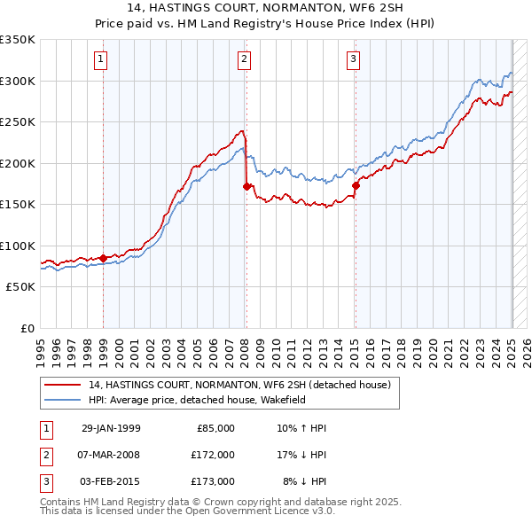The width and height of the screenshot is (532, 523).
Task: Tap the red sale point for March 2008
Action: click(x=246, y=186)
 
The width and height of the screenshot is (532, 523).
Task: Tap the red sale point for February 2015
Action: click(x=356, y=185)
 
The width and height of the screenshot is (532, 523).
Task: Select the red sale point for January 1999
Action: click(x=104, y=258)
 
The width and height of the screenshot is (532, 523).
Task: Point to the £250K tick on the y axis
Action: click(x=18, y=122)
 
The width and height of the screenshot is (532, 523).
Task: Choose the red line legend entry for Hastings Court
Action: click(x=240, y=385)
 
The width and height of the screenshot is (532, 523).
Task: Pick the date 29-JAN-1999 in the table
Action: click(x=110, y=428)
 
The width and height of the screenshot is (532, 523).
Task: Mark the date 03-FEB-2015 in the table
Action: click(x=110, y=481)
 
